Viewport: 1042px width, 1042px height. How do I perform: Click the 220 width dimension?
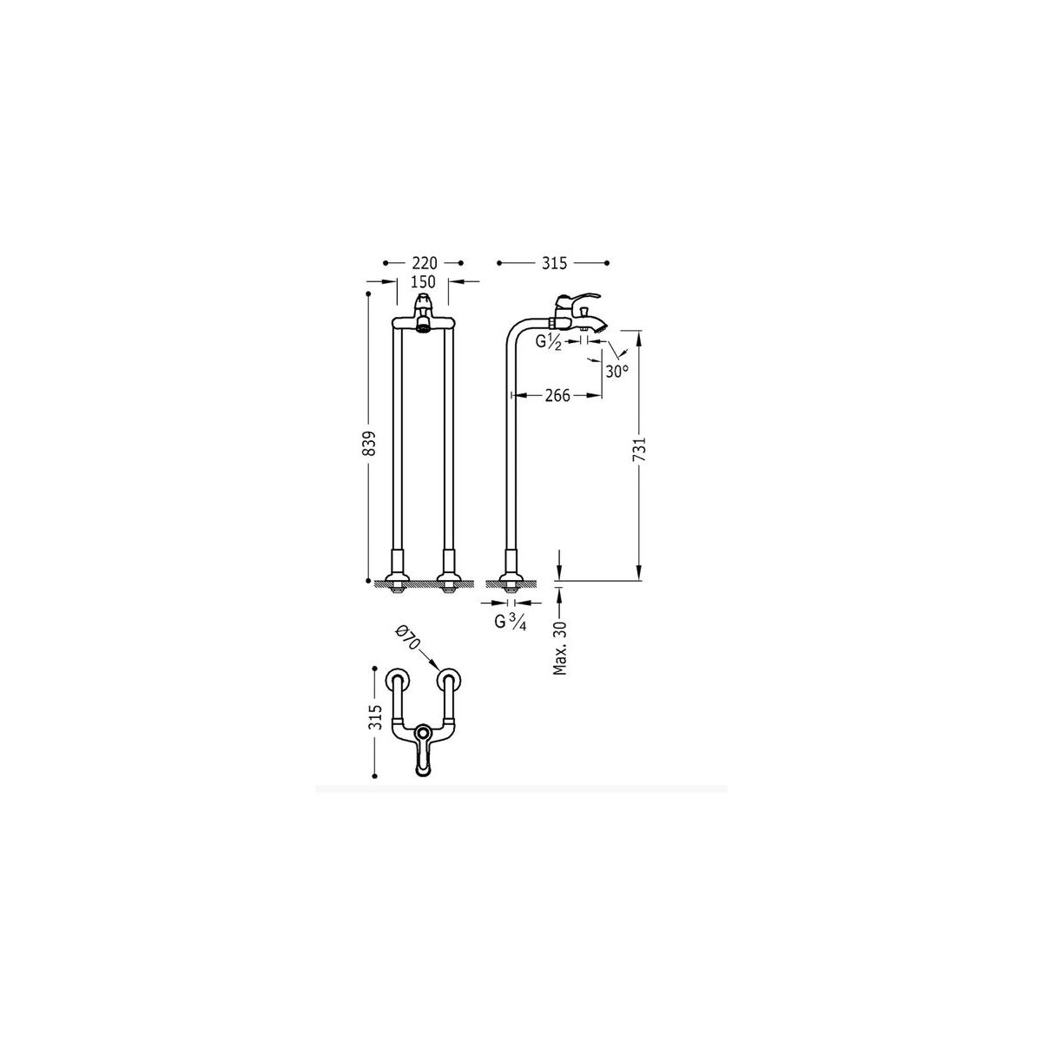[x=425, y=263]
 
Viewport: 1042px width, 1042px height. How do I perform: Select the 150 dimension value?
[x=423, y=281]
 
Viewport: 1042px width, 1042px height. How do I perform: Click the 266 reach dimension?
[x=557, y=396]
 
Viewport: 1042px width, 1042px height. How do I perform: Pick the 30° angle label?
[x=617, y=372]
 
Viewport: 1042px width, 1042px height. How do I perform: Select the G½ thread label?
[x=549, y=342]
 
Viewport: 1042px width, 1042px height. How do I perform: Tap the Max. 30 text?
[x=560, y=648]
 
